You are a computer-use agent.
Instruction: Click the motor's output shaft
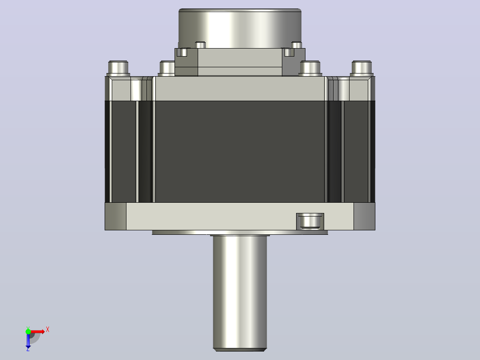tap(240, 293)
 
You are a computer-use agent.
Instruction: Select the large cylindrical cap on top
tap(240, 28)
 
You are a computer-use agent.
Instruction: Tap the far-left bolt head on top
tap(118, 68)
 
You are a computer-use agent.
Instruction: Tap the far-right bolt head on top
tap(362, 68)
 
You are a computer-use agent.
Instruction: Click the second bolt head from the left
tap(167, 68)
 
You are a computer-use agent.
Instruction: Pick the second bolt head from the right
tap(310, 68)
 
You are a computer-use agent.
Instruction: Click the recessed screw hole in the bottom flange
tap(310, 221)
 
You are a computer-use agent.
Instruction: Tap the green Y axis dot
tap(28, 331)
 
